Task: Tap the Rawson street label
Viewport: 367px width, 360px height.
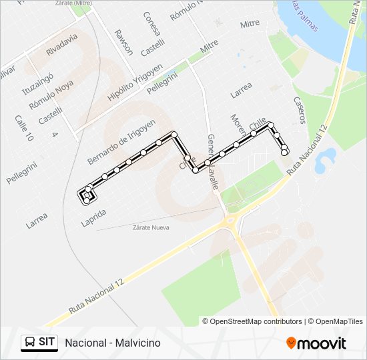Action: click(123, 41)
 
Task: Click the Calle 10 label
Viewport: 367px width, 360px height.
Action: click(24, 128)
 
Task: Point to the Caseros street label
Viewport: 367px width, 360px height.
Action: click(299, 109)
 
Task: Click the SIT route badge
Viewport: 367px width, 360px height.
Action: click(39, 342)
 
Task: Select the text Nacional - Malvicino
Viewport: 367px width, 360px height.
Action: click(113, 343)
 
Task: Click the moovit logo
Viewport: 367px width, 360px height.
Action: click(316, 343)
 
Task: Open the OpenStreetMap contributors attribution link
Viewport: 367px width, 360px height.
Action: click(256, 321)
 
